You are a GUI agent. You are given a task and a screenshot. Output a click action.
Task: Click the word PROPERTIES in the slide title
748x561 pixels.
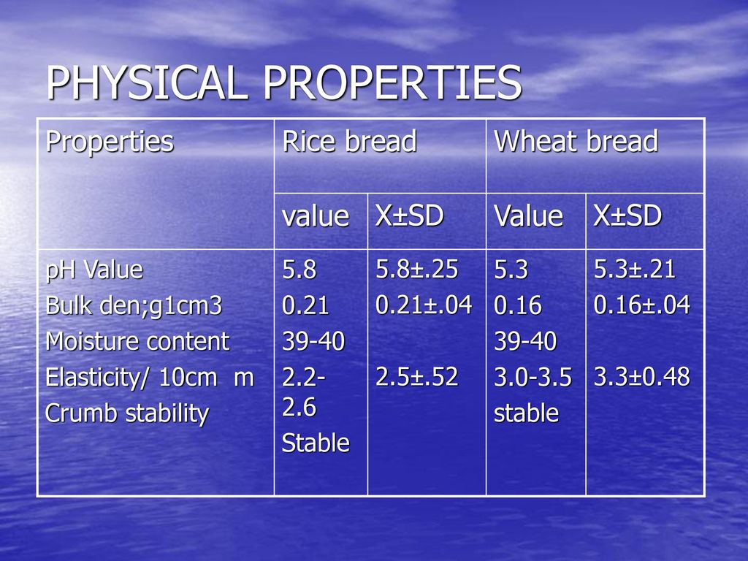coord(392,83)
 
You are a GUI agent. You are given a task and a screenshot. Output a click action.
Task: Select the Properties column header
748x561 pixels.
coord(110,142)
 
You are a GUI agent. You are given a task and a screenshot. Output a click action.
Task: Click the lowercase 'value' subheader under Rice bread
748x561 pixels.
coord(316,216)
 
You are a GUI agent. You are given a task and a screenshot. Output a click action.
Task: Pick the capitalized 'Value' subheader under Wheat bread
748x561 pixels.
coord(528,215)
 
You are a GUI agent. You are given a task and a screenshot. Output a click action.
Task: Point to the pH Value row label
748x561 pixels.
coord(94,270)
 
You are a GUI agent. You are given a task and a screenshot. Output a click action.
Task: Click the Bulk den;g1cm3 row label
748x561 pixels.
coord(134,306)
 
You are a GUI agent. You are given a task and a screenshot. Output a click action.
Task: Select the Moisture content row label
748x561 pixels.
coord(137,342)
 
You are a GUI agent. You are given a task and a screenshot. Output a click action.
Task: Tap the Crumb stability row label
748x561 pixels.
coord(127,413)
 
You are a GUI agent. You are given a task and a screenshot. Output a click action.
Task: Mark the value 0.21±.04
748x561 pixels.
coord(424,305)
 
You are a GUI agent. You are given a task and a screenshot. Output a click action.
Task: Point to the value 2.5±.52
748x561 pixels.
coord(417,376)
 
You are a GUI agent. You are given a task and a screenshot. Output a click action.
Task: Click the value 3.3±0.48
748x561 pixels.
coord(641,376)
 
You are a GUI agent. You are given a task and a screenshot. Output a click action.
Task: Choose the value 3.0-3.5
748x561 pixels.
coord(533,378)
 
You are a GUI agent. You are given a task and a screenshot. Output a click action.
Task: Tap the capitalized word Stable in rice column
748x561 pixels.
coord(316,443)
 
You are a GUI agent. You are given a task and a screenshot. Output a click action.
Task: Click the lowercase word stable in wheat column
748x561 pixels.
coord(526,413)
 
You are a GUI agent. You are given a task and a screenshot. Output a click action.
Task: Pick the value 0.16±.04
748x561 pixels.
coord(641,305)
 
